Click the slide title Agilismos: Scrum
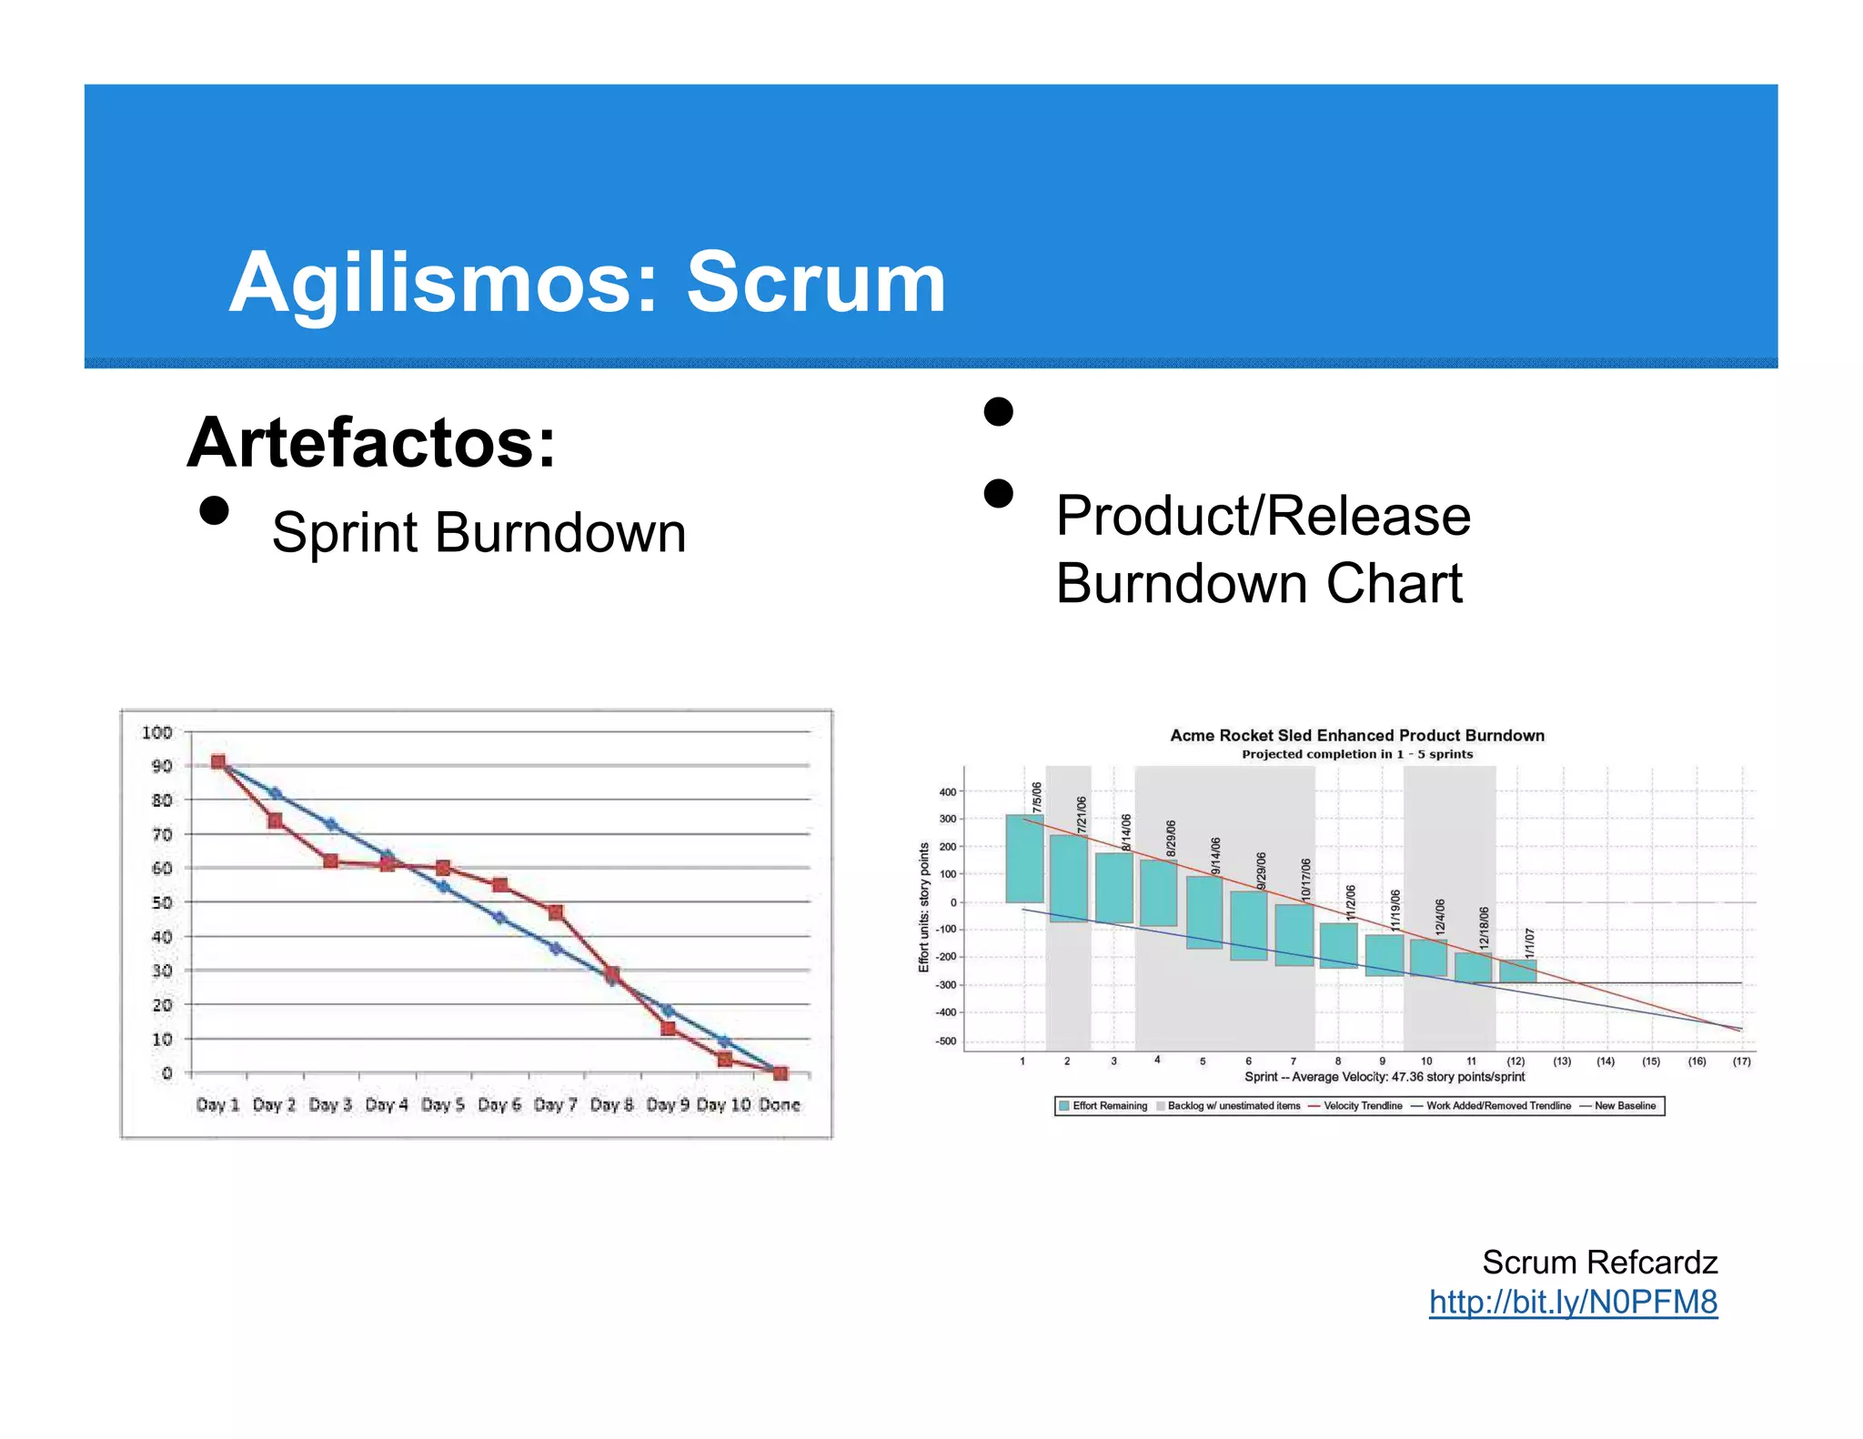click(587, 283)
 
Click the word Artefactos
click(370, 443)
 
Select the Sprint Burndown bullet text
click(478, 532)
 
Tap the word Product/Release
click(1263, 516)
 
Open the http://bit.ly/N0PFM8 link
click(1572, 1302)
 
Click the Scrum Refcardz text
click(1598, 1262)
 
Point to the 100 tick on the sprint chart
click(156, 732)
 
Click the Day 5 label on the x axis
click(442, 1104)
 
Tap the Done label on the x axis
click(779, 1104)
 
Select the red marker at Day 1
click(218, 762)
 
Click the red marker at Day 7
click(556, 911)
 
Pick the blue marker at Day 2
click(276, 794)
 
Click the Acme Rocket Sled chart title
click(1356, 735)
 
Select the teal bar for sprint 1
click(1024, 858)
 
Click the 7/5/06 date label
click(1036, 797)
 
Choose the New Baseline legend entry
click(1624, 1106)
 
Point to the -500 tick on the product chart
click(946, 1042)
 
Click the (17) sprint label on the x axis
click(1740, 1062)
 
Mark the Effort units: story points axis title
click(923, 907)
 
